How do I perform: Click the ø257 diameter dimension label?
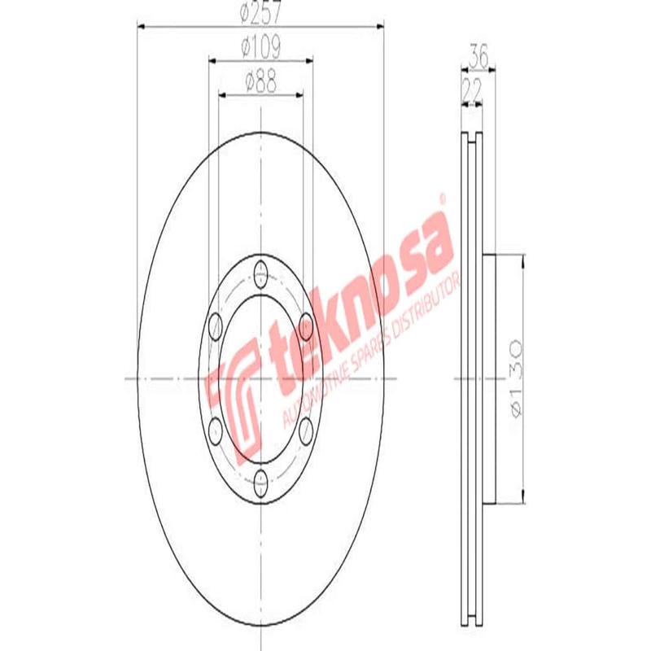pyautogui.click(x=260, y=15)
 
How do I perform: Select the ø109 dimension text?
pyautogui.click(x=260, y=49)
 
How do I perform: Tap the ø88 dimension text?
pyautogui.click(x=260, y=83)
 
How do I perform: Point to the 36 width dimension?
pyautogui.click(x=478, y=59)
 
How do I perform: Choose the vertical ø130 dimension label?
pyautogui.click(x=513, y=379)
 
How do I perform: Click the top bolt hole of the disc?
pyautogui.click(x=260, y=272)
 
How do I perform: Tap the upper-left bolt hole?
pyautogui.click(x=216, y=326)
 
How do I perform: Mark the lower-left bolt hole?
pyautogui.click(x=216, y=431)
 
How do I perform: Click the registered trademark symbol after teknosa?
pyautogui.click(x=443, y=198)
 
